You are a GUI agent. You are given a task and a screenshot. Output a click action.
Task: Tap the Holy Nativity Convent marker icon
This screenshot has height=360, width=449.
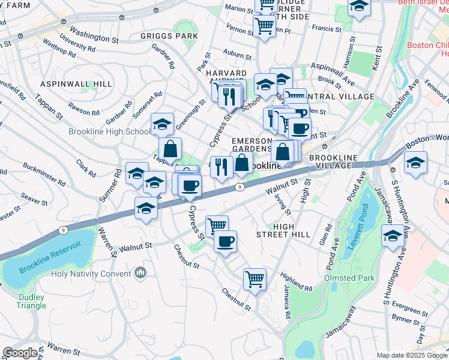[x=140, y=273]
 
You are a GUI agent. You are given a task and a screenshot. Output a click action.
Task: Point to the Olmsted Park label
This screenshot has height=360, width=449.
[x=349, y=278]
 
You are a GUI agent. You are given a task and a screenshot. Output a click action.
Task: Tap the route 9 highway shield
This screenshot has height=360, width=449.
[x=240, y=187]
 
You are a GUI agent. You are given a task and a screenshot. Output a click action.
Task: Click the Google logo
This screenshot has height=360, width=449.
[x=20, y=352]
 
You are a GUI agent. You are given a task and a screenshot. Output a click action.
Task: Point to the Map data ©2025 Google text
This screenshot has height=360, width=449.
[x=412, y=355]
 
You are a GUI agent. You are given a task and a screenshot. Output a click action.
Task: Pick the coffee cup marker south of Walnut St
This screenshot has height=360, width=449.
[x=225, y=241]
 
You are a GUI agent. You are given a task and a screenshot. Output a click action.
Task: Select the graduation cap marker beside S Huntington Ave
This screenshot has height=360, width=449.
[x=393, y=236]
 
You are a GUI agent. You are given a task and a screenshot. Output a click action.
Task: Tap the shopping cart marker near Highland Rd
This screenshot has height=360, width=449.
[x=255, y=278]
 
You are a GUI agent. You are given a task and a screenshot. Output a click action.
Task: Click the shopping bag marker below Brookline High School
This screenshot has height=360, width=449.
[x=170, y=148]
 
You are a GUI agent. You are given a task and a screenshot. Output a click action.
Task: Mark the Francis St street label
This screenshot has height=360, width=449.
[x=327, y=28]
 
